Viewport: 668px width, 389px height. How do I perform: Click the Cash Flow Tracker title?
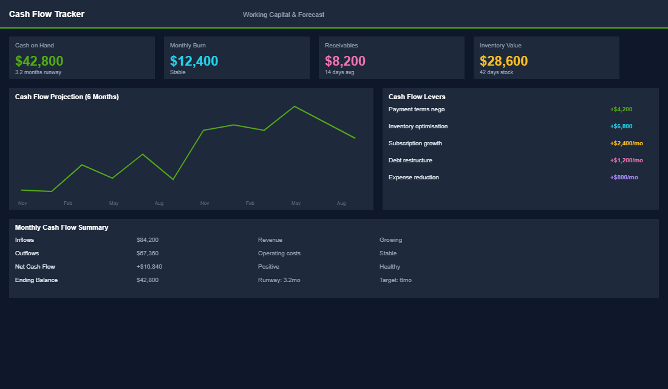pos(47,14)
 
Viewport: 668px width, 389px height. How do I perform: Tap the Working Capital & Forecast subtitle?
pos(283,15)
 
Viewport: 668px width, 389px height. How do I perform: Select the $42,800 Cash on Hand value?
pos(39,61)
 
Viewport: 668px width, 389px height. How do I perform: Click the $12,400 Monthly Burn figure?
pos(194,61)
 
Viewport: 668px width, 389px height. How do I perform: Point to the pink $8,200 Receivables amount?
pos(345,61)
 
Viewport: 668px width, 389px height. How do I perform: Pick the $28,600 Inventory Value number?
pos(503,61)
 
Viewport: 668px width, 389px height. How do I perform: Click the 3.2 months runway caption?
pos(38,72)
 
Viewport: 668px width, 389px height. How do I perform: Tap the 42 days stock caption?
pos(496,72)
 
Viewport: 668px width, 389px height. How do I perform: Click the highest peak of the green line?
pos(295,106)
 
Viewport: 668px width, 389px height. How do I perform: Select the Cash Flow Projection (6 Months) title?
pos(67,97)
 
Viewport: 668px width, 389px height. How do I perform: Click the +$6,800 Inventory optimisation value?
pos(621,126)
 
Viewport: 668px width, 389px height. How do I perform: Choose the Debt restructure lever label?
pos(411,160)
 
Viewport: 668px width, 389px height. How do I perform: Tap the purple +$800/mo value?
pos(624,177)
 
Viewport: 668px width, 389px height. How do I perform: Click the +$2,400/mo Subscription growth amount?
pos(626,143)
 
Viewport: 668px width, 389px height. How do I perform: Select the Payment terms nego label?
pos(417,109)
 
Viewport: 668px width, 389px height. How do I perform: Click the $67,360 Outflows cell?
pos(148,253)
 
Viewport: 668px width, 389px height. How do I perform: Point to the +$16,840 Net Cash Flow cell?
pos(149,267)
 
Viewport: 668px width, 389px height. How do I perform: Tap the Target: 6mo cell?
pos(395,280)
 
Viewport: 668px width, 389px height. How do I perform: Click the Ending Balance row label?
pos(36,280)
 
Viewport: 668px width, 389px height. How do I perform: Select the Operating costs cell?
pos(279,253)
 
